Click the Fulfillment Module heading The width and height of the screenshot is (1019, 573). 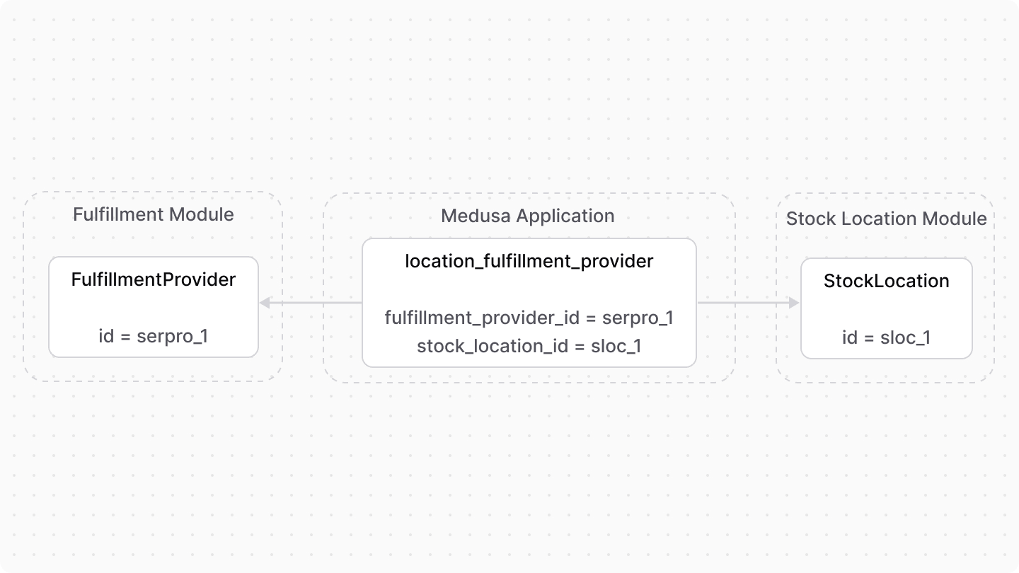(153, 214)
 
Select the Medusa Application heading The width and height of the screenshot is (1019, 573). (527, 216)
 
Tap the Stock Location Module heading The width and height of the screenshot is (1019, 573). (886, 219)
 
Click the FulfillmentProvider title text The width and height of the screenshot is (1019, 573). (153, 279)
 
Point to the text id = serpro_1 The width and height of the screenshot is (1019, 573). (153, 336)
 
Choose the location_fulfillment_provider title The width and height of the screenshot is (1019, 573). (529, 261)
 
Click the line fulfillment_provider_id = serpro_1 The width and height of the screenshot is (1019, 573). (529, 318)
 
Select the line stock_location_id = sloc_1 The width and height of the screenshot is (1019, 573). (529, 346)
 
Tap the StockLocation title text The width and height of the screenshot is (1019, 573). (886, 281)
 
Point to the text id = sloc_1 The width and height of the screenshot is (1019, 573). (886, 337)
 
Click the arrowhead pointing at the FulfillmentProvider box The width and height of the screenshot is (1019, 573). (264, 303)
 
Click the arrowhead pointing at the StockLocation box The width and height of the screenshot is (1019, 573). (794, 303)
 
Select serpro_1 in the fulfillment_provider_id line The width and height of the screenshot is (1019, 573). (637, 318)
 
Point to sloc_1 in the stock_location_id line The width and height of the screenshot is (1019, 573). (616, 346)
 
